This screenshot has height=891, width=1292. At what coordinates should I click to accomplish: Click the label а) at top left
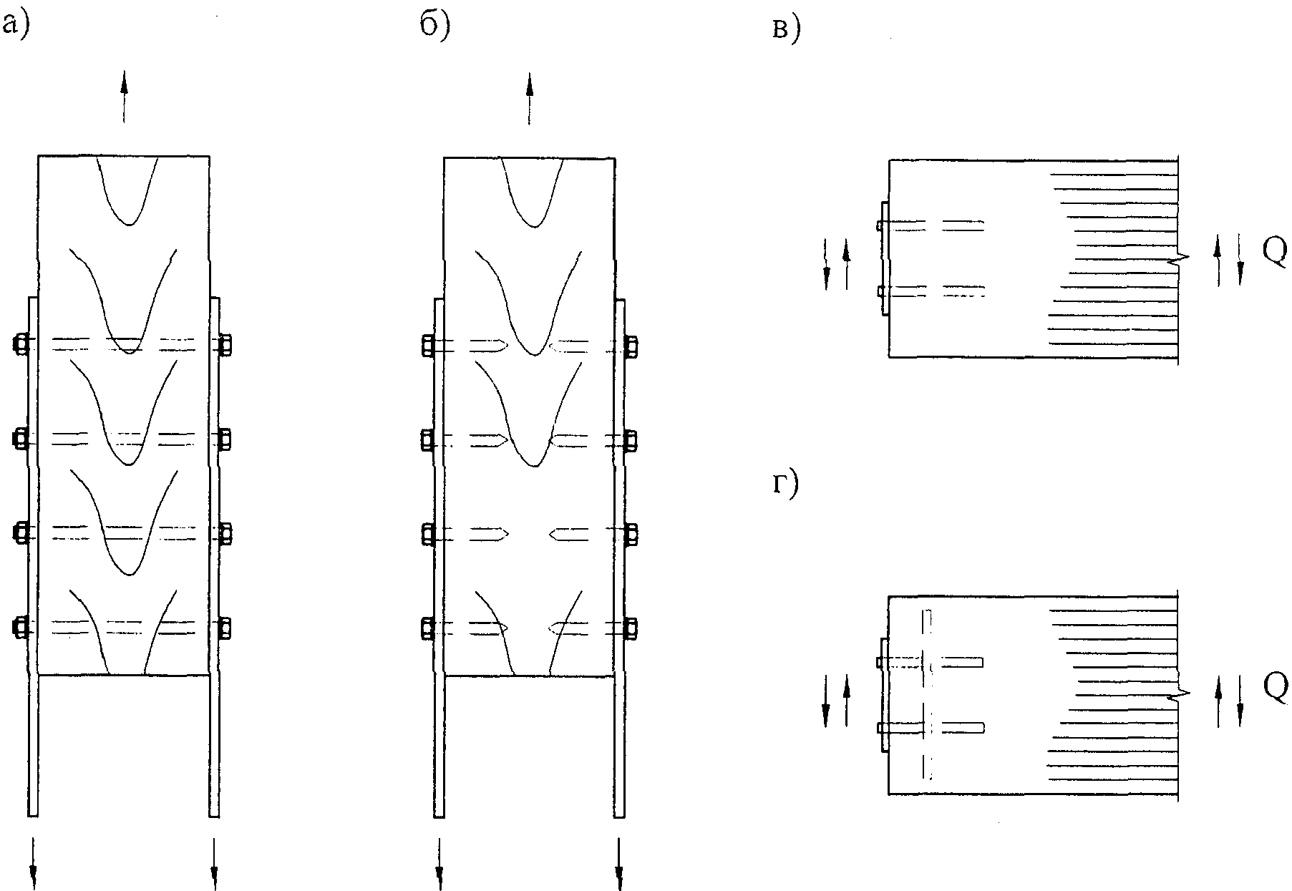point(15,26)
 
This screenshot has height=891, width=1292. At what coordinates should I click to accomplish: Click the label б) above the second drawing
point(435,26)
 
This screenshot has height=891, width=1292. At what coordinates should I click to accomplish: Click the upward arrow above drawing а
point(124,97)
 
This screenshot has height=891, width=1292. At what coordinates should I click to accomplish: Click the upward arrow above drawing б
point(530,98)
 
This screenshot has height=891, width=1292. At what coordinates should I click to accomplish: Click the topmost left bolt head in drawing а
point(20,344)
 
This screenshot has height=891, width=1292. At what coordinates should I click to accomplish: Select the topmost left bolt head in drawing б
point(427,346)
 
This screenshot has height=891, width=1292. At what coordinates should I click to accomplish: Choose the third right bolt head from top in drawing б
point(631,535)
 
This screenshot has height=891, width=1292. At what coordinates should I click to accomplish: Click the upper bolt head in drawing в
point(879,225)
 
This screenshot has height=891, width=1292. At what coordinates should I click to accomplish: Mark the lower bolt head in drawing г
point(879,729)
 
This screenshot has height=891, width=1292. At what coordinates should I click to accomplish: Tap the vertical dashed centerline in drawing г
point(928,693)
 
